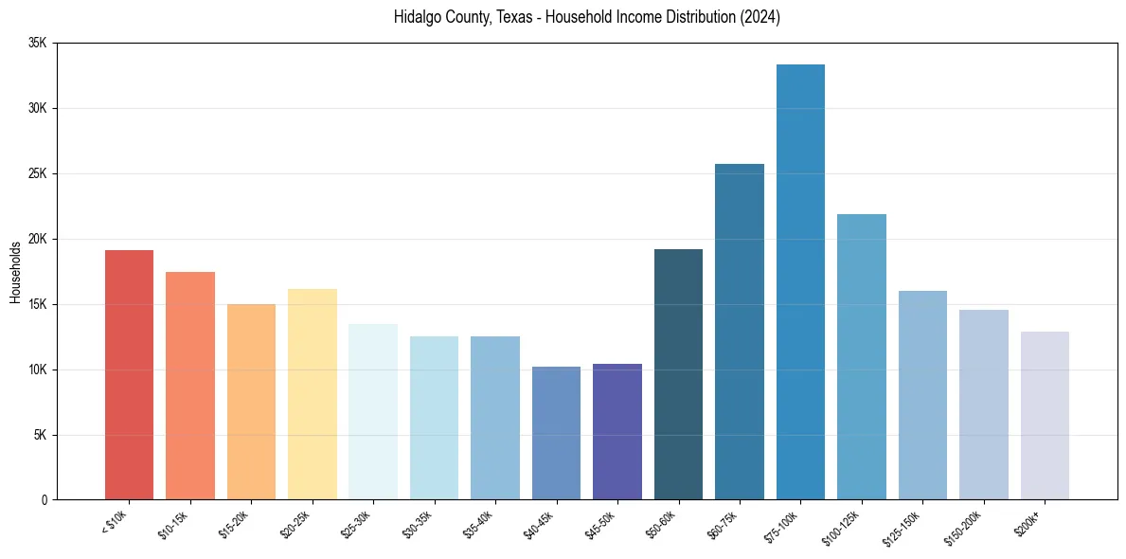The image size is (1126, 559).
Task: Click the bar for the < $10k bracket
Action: click(129, 374)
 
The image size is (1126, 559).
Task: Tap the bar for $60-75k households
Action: click(740, 332)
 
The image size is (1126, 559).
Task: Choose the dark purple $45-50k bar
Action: click(617, 431)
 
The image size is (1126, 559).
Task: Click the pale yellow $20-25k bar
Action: click(313, 394)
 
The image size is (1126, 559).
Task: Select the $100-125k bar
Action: click(862, 356)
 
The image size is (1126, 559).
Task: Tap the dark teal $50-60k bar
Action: click(678, 374)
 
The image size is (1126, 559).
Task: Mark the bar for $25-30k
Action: click(373, 411)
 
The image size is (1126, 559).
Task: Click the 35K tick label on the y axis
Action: click(38, 44)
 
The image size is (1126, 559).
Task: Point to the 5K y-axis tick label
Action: click(41, 435)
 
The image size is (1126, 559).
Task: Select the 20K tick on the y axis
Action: click(38, 239)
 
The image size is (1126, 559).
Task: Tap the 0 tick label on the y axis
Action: click(45, 500)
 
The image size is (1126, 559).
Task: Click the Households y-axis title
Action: click(16, 272)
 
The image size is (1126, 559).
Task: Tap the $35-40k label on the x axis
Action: click(481, 525)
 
